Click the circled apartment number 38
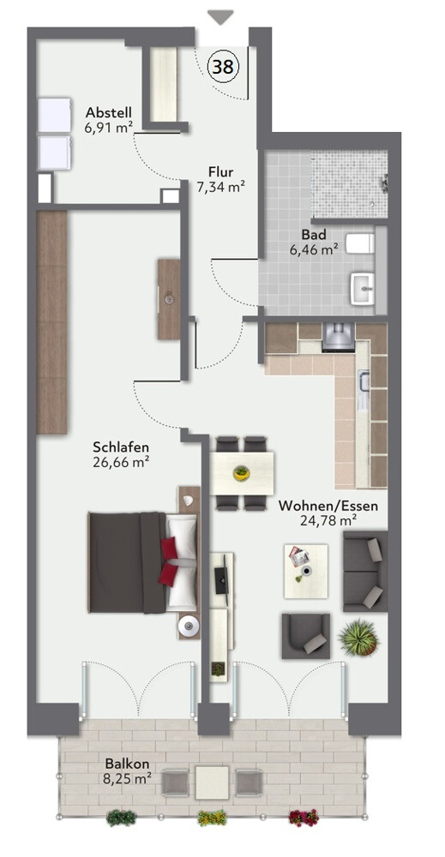point(223,67)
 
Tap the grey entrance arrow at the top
point(221,17)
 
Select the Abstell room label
point(109,112)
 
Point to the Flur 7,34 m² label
point(220,179)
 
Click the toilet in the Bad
point(361,243)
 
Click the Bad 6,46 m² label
point(314,243)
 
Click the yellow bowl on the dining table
point(241,472)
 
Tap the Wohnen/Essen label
point(328,505)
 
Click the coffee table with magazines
point(305,571)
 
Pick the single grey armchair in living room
point(306,636)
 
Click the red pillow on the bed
point(170,562)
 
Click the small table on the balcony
point(212,782)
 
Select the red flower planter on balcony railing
point(304,817)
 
